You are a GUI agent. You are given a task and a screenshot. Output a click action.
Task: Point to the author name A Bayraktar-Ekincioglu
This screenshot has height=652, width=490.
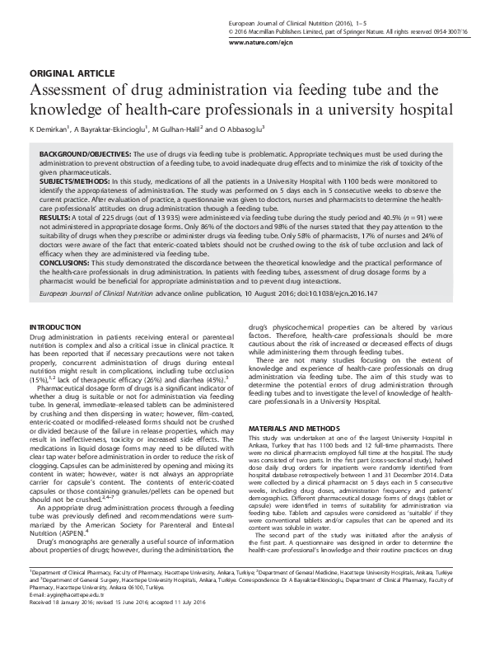pos(110,129)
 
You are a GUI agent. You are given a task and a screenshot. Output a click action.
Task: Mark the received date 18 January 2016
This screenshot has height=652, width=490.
pos(75,624)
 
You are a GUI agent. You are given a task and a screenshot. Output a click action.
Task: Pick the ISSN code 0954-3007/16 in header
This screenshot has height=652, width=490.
pos(452,30)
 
